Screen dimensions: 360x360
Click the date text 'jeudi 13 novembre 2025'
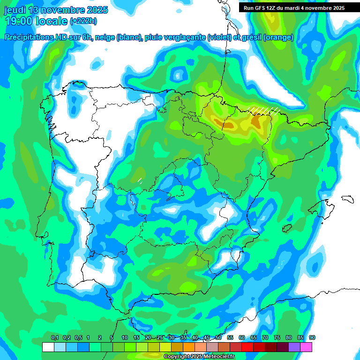point(56,10)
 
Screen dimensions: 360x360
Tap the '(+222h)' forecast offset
point(83,21)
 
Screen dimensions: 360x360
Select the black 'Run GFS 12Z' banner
point(292,7)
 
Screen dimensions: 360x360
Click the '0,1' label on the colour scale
point(55,338)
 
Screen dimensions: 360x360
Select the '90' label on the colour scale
point(312,338)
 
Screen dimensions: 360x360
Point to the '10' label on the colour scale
point(125,338)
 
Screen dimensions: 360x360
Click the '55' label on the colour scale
point(230,338)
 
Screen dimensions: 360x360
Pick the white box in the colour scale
point(48,347)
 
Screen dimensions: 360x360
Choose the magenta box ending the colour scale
point(307,347)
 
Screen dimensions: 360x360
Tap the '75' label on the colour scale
point(277,338)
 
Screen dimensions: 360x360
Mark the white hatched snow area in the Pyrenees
point(263,110)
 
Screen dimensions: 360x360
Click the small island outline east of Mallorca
point(347,199)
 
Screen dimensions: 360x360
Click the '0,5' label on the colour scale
point(78,338)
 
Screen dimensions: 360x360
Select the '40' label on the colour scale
point(195,338)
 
